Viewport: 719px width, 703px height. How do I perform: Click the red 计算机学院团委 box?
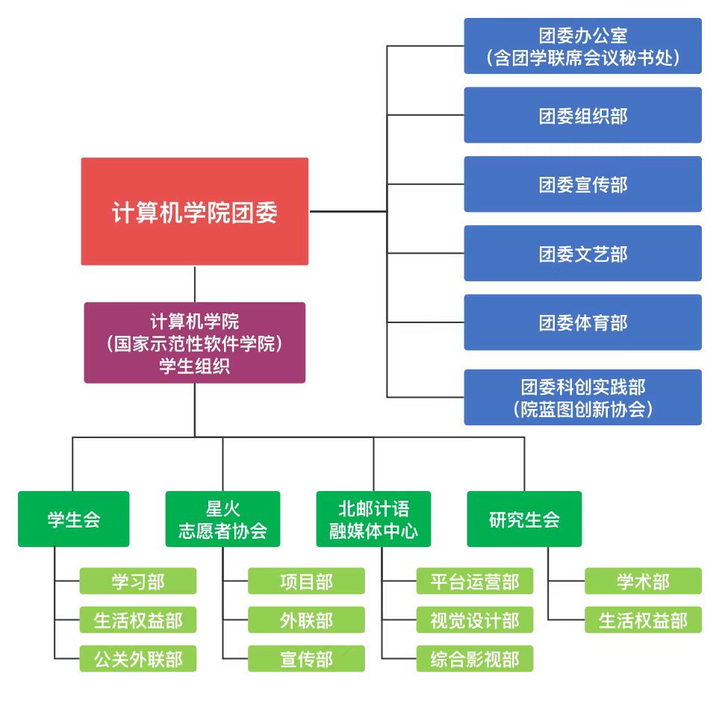coord(194,212)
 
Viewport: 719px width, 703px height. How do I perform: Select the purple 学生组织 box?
coord(194,343)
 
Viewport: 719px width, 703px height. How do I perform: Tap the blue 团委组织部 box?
coord(582,116)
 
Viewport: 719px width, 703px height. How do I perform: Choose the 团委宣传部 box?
coord(582,184)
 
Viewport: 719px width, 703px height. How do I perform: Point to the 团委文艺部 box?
coord(582,254)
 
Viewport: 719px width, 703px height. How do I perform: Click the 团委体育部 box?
coord(582,322)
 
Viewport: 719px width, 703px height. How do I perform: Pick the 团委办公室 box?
coord(582,46)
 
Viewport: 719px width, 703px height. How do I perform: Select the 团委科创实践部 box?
coord(582,397)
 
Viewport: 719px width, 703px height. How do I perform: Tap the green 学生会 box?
coord(73,519)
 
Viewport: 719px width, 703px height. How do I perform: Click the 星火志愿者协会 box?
coord(222,519)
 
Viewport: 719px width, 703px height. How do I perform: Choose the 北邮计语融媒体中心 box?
coord(374,519)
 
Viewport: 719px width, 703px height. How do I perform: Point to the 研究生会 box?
coord(524,519)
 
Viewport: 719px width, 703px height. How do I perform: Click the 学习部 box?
coord(138,581)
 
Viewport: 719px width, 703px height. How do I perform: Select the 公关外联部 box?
coord(138,659)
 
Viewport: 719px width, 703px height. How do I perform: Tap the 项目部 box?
coord(306,581)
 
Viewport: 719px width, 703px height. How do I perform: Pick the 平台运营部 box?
coord(475,581)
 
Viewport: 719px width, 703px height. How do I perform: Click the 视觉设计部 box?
coord(475,620)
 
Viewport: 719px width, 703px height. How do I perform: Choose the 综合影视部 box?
coord(475,659)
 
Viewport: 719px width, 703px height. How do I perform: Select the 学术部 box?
coord(643,581)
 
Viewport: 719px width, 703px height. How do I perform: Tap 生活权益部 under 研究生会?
coord(643,620)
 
